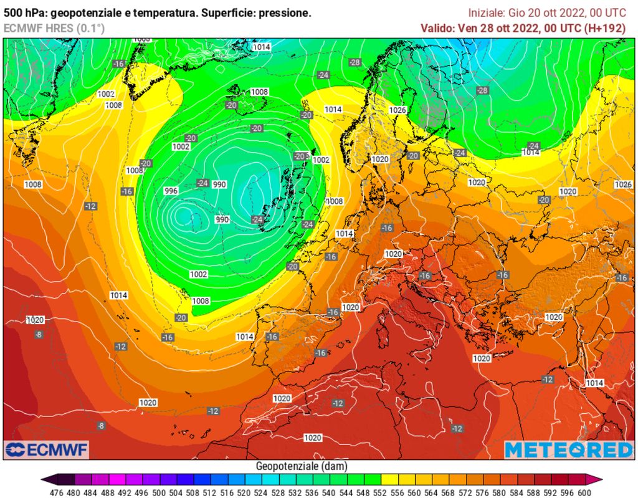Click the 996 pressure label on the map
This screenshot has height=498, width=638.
[x=171, y=191]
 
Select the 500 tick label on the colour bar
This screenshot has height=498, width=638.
[x=158, y=491]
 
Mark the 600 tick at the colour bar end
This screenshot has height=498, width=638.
[x=583, y=491]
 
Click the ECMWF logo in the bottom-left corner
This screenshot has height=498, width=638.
[x=47, y=449]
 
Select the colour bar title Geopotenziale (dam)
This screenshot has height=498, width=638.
[x=302, y=466]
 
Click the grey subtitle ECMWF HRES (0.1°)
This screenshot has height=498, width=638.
[x=54, y=28]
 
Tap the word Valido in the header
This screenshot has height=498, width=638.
[x=437, y=28]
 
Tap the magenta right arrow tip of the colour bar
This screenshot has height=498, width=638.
[x=598, y=479]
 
